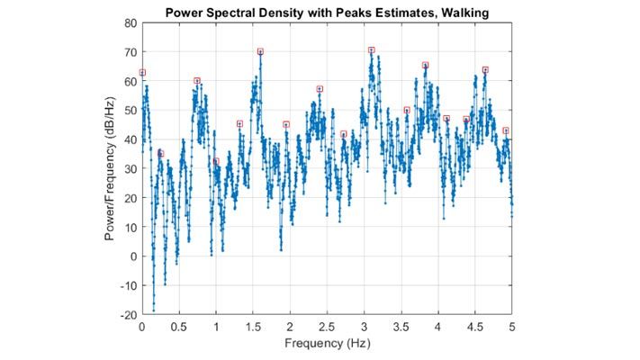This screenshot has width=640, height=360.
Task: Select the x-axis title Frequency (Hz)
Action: tap(327, 343)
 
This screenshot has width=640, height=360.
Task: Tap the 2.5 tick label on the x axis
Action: tap(327, 328)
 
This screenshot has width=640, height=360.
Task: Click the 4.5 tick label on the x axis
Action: tap(475, 328)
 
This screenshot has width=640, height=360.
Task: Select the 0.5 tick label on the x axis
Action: tap(179, 328)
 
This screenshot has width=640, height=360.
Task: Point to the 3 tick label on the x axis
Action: tap(364, 328)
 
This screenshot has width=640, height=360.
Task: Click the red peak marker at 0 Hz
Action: tap(142, 72)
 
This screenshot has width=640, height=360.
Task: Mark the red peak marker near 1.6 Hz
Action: tap(260, 51)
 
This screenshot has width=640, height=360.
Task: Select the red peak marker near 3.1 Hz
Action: tap(371, 49)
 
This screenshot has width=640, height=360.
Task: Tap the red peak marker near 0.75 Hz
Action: tap(197, 80)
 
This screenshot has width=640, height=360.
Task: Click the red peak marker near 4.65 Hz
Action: tap(485, 69)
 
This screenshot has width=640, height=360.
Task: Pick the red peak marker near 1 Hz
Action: tap(216, 161)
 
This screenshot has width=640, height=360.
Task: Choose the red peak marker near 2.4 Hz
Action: tap(320, 89)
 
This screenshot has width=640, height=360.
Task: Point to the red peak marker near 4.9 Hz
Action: tap(506, 130)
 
